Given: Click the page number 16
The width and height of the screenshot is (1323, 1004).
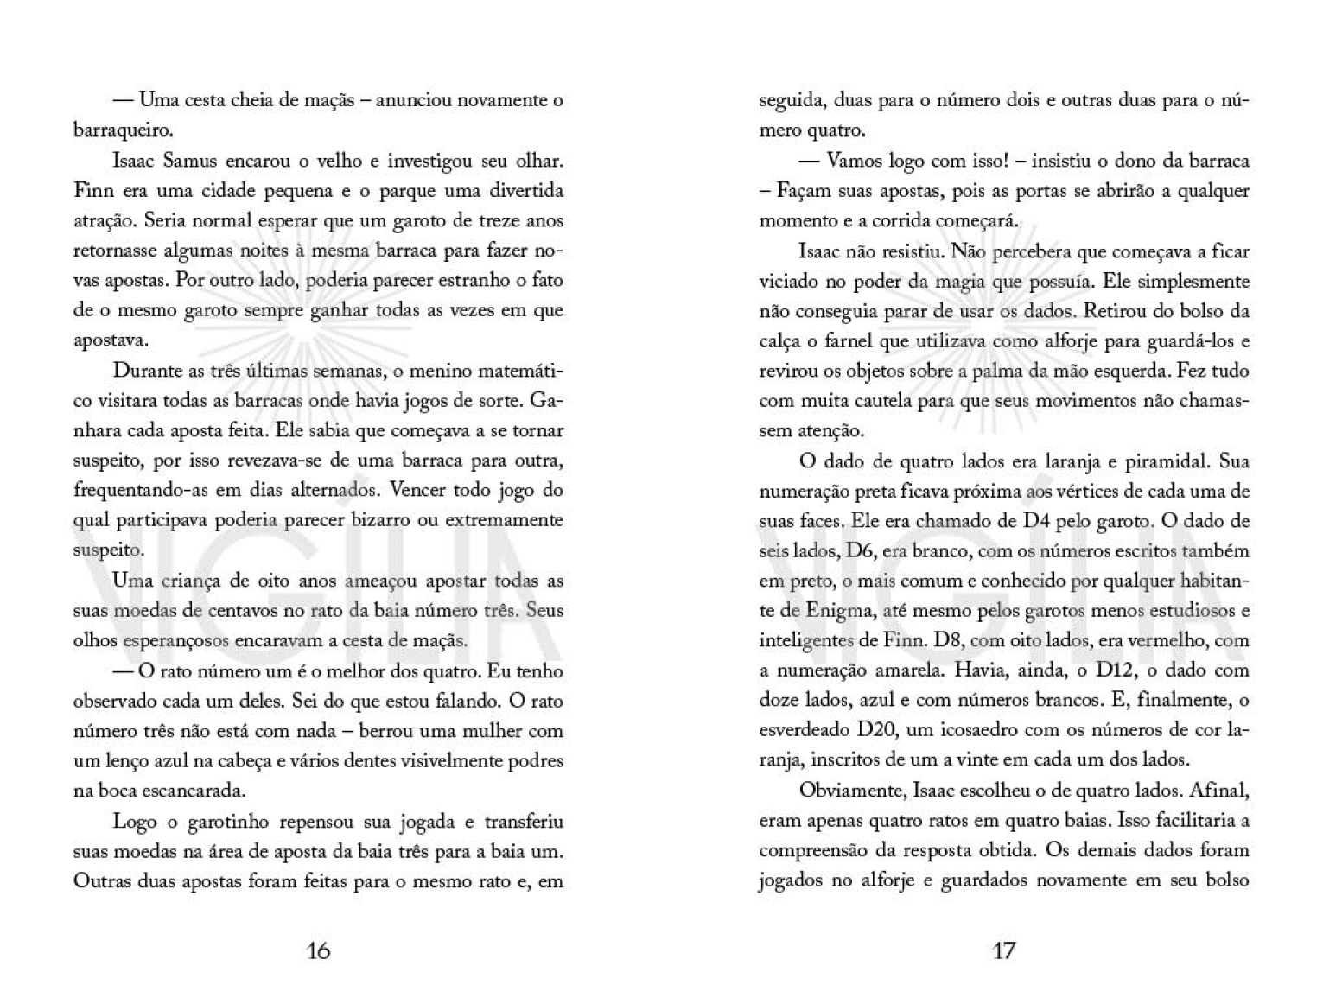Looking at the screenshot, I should (x=318, y=950).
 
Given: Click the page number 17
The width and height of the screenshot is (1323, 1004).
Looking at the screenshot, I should (x=1003, y=950).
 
